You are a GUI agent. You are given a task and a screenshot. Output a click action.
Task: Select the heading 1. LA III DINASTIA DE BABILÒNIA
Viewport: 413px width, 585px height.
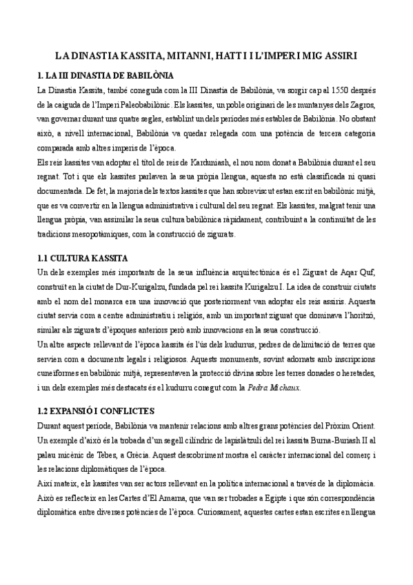[105, 74]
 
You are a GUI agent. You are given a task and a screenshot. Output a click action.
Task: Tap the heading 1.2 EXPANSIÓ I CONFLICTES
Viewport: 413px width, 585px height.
[101, 411]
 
